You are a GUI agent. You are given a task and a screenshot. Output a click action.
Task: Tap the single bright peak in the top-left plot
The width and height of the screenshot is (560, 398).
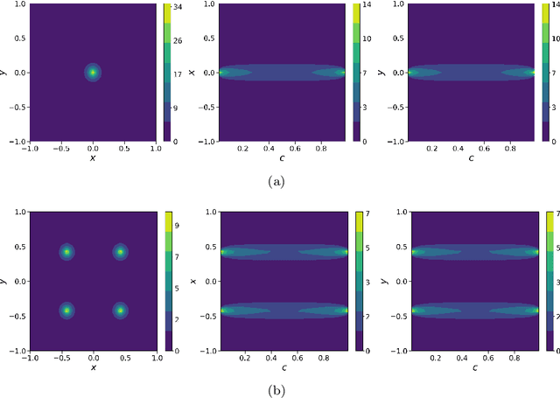click(93, 73)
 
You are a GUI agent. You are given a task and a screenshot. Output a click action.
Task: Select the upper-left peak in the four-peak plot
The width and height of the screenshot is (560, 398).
click(66, 253)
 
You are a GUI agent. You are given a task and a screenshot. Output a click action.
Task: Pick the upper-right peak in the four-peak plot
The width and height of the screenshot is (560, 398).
click(120, 253)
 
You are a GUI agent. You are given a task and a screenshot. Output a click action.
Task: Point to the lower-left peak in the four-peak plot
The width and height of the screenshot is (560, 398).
click(66, 311)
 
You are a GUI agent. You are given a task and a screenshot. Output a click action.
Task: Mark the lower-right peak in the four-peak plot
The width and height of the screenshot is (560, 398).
click(120, 311)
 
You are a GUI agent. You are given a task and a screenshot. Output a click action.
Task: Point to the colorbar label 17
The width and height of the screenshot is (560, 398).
click(177, 75)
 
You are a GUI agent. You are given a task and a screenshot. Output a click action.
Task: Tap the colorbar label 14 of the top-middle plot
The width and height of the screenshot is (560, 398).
click(367, 6)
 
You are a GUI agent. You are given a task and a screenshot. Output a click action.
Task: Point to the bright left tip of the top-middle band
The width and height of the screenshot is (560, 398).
click(221, 73)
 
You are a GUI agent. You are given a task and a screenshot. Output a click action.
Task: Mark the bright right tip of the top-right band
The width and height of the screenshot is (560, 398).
click(533, 73)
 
